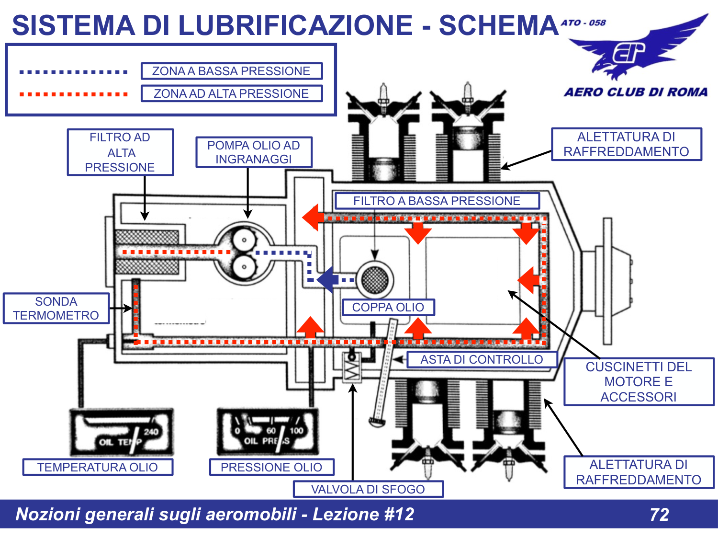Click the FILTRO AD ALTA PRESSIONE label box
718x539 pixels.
(120, 152)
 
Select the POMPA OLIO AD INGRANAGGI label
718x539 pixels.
(254, 152)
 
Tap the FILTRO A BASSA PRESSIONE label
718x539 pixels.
(437, 201)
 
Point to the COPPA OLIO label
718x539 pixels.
(388, 307)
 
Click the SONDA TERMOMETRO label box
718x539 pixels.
(56, 309)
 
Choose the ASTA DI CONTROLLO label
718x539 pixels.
(482, 359)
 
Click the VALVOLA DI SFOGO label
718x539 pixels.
(368, 489)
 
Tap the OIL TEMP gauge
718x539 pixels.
(122, 433)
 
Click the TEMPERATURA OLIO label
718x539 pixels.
(98, 467)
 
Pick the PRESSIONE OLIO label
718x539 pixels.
(271, 467)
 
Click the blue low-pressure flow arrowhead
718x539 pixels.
(327, 279)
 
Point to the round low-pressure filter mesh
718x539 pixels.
(375, 279)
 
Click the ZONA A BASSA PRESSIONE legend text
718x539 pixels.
(231, 71)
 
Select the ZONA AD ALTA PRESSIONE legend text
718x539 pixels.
(231, 93)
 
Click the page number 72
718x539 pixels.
(659, 515)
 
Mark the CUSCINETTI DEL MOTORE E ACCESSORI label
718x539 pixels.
(639, 382)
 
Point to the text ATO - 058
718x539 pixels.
(583, 23)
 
